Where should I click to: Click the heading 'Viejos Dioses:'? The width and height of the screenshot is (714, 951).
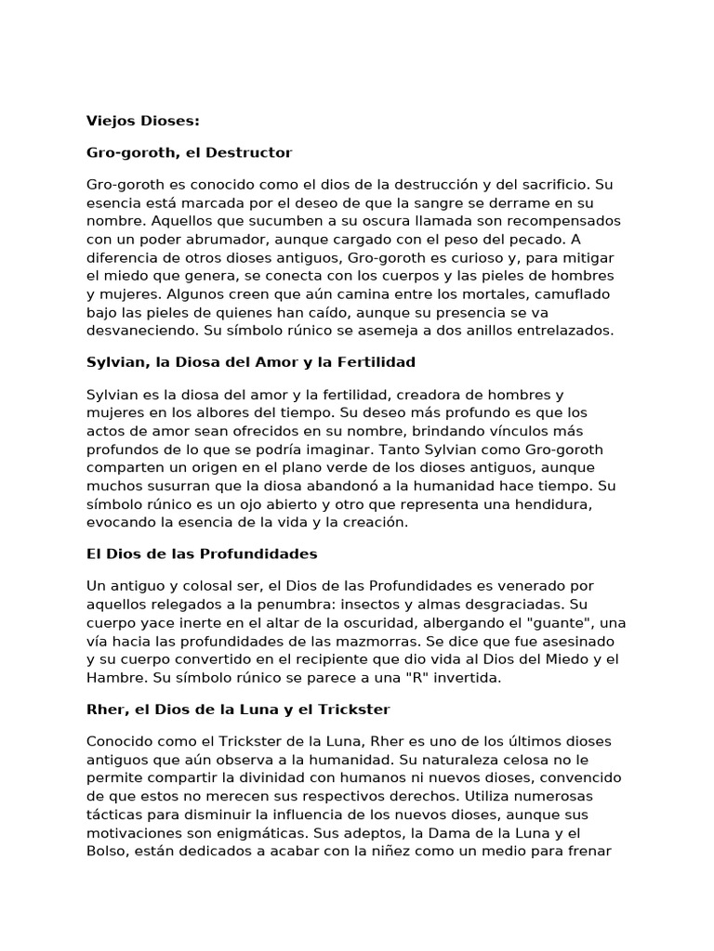(x=142, y=121)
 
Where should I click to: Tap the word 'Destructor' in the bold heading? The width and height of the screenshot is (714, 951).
(x=253, y=151)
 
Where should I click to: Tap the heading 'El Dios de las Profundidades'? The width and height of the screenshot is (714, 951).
(x=202, y=554)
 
